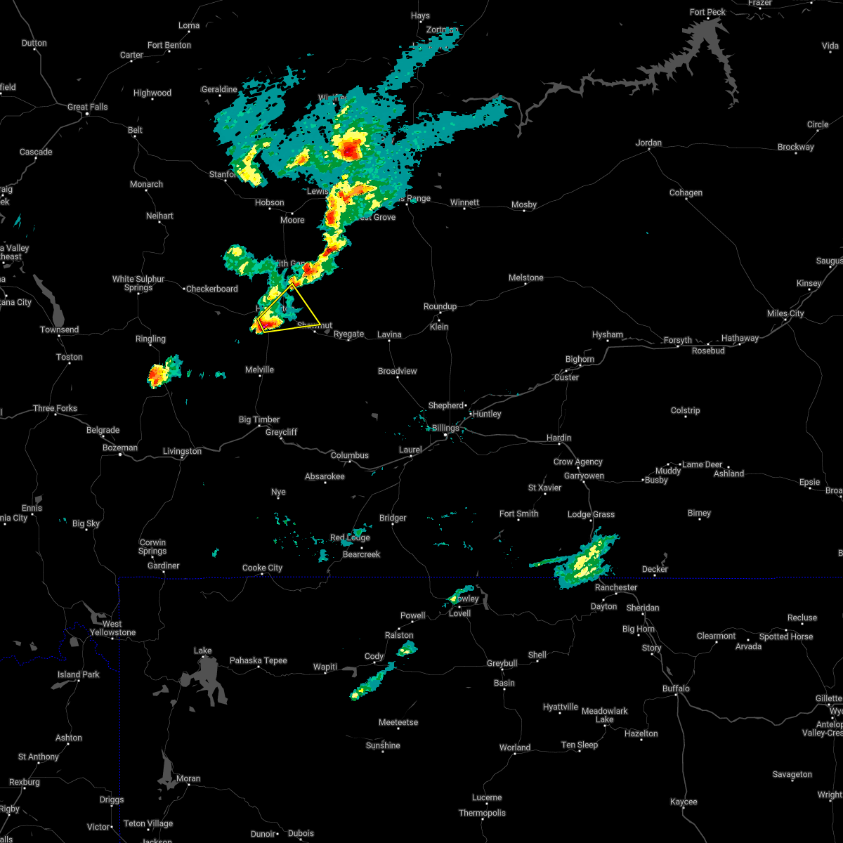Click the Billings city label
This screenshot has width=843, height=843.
pyautogui.click(x=445, y=428)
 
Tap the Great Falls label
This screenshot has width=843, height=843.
pyautogui.click(x=88, y=107)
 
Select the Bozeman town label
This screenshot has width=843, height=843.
pyautogui.click(x=120, y=447)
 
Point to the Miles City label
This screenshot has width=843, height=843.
pyautogui.click(x=785, y=313)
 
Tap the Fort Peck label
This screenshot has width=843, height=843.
pyautogui.click(x=707, y=13)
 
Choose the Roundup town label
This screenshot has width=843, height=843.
pyautogui.click(x=440, y=306)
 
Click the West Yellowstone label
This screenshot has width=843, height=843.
pyautogui.click(x=112, y=628)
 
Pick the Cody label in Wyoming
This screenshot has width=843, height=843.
pyautogui.click(x=374, y=657)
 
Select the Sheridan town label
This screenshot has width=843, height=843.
pyautogui.click(x=643, y=608)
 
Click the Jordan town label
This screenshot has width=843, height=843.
pyautogui.click(x=648, y=143)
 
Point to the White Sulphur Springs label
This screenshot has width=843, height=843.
pyautogui.click(x=138, y=283)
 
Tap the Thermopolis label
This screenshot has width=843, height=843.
pyautogui.click(x=482, y=813)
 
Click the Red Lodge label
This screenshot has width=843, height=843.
pyautogui.click(x=350, y=538)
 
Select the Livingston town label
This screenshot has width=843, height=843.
pyautogui.click(x=182, y=451)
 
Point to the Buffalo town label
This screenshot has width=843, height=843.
pyautogui.click(x=676, y=688)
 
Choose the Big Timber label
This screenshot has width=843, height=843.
pyautogui.click(x=259, y=419)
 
